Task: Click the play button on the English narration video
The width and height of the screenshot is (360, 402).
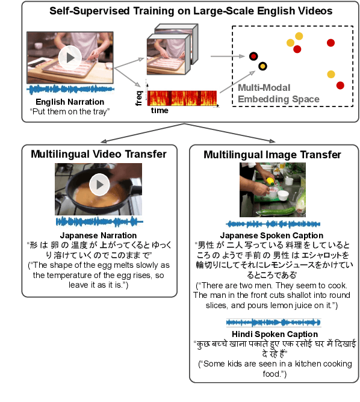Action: tap(70, 58)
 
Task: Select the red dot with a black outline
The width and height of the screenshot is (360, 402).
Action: tap(253, 57)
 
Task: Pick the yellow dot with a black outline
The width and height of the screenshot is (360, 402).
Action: tap(262, 66)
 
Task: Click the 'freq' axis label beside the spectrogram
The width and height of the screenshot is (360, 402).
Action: tap(140, 96)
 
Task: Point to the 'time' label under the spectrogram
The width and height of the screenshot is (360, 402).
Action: tap(160, 111)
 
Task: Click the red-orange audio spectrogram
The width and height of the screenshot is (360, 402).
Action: tap(182, 98)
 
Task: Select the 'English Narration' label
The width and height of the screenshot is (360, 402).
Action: tap(70, 102)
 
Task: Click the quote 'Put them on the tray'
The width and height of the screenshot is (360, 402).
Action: tap(70, 112)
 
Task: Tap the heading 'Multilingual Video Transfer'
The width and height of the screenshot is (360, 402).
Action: tap(99, 155)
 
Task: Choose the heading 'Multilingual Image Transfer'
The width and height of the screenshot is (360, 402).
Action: tap(272, 155)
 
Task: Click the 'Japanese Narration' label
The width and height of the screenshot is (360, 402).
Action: tap(99, 235)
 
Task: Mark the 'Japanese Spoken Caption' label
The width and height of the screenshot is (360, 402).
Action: tap(272, 235)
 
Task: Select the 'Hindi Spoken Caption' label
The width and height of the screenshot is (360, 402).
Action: tap(275, 334)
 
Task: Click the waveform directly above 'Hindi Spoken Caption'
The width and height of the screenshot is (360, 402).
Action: tap(275, 323)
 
